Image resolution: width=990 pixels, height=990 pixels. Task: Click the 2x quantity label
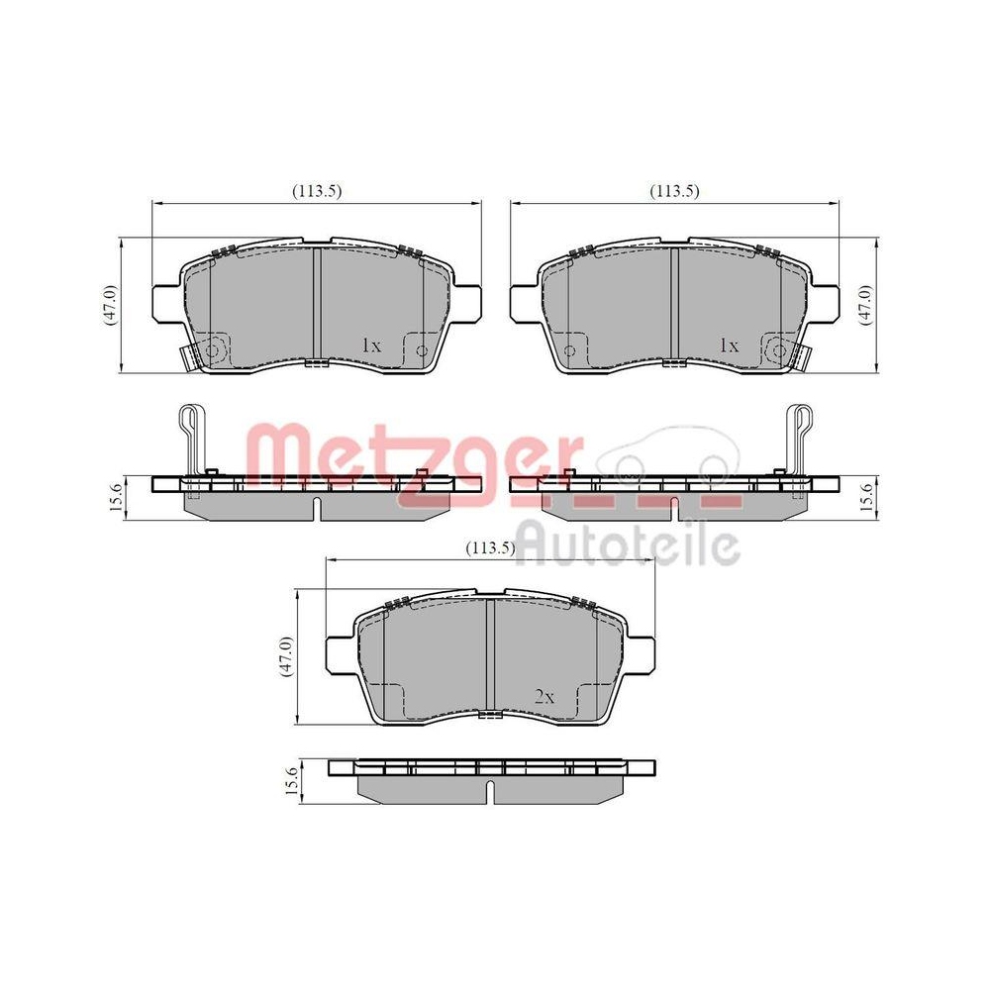click(544, 697)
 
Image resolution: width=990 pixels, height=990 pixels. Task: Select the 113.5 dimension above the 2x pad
click(490, 548)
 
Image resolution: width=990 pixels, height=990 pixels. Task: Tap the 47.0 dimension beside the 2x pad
click(285, 655)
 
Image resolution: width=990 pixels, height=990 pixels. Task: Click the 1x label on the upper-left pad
click(371, 346)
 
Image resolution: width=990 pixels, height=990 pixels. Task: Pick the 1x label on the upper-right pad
click(729, 346)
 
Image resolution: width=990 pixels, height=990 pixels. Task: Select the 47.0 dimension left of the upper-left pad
click(110, 304)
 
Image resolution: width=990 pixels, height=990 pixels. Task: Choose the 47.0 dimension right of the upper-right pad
click(865, 304)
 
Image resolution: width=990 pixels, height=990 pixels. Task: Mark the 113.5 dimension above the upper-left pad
click(316, 191)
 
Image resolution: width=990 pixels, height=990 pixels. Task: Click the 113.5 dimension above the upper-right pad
click(674, 191)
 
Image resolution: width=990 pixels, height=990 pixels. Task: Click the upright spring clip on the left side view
click(189, 436)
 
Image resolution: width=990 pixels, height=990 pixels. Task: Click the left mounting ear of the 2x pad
click(340, 654)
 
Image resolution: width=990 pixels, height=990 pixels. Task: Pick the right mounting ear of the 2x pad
click(643, 654)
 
